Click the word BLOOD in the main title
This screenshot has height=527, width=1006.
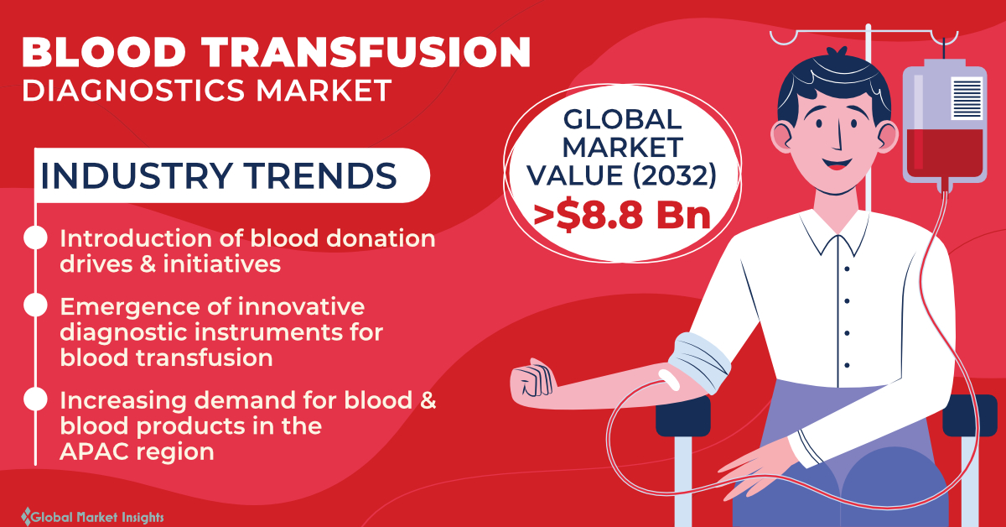pos(103,52)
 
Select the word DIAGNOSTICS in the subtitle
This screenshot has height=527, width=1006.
pos(133,91)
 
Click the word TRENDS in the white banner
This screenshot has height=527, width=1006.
pos(320,175)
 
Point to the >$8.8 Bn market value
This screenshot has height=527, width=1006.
pos(622,216)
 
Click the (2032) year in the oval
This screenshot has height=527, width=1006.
pos(675,175)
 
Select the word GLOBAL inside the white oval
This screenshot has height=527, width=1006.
pos(622,120)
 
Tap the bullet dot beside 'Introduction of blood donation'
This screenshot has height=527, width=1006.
pos(35,237)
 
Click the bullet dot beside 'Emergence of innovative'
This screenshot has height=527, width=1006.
pos(35,305)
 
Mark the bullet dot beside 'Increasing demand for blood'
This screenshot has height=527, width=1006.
pos(35,399)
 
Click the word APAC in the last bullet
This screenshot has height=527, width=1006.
pos(94,451)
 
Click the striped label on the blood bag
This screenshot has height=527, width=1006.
pos(967,98)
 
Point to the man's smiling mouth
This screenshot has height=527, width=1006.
pos(837,164)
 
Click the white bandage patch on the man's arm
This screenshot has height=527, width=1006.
pos(669,379)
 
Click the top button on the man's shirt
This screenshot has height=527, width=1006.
pos(847,269)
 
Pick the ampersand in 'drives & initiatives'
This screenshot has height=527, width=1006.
pos(148,264)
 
